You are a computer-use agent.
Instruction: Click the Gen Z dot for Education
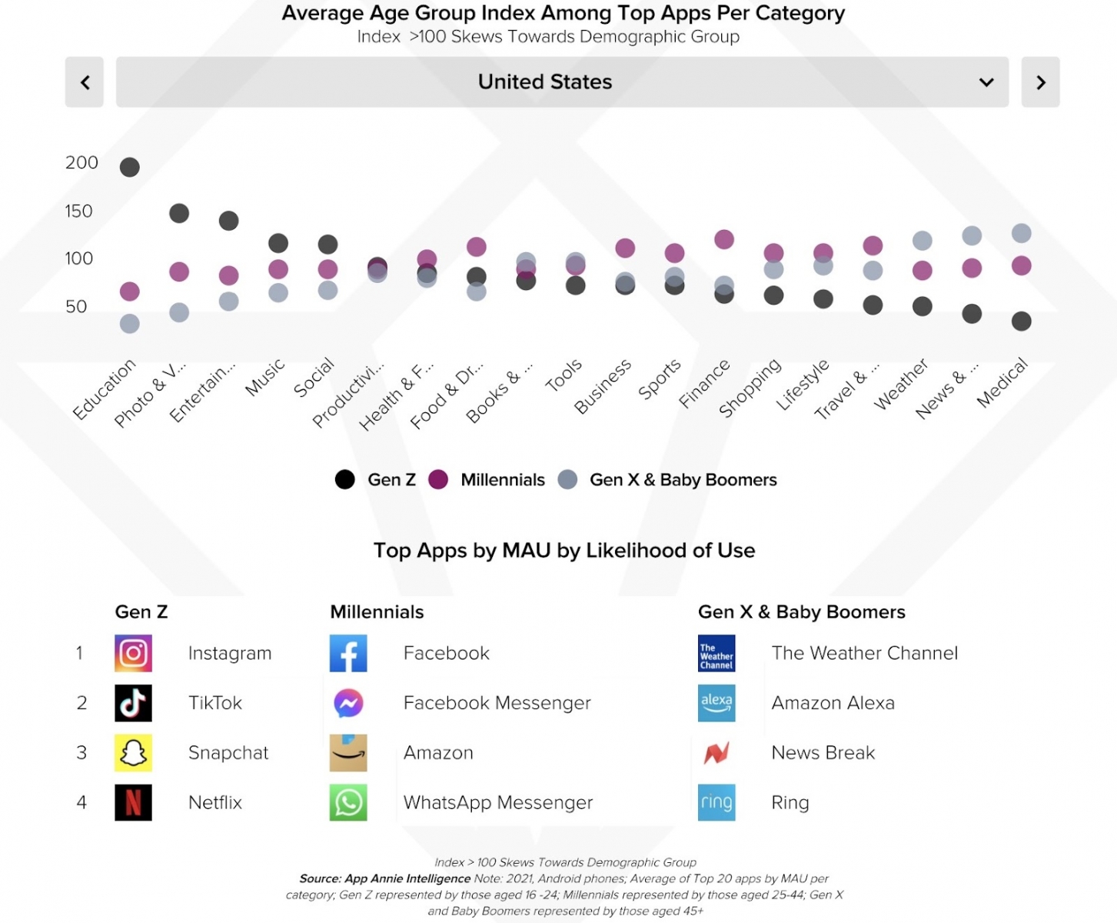[130, 167]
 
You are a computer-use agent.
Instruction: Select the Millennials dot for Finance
[724, 239]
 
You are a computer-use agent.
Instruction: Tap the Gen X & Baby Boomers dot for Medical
[1021, 233]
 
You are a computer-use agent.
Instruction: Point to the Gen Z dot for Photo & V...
[179, 213]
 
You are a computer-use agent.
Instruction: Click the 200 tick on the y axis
[81, 162]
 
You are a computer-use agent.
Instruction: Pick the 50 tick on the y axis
[76, 306]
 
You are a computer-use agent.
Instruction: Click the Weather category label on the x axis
[902, 383]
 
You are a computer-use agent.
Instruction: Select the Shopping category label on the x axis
[750, 387]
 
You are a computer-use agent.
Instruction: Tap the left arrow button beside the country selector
[85, 82]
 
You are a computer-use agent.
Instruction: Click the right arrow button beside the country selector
[1040, 82]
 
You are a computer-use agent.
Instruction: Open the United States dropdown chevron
[986, 82]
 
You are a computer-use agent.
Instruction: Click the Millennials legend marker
[438, 480]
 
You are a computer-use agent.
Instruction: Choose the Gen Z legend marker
[345, 480]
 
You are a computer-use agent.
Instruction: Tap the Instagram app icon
[133, 653]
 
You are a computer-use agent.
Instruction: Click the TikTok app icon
[133, 703]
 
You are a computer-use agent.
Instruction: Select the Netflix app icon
[133, 802]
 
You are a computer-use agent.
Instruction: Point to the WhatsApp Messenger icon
[348, 802]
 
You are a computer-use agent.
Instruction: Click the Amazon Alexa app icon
[716, 703]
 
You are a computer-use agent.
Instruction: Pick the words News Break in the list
[823, 752]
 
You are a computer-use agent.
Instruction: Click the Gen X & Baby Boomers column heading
[801, 611]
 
